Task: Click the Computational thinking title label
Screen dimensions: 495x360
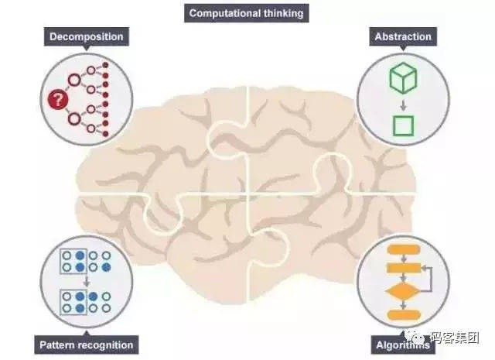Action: pyautogui.click(x=246, y=13)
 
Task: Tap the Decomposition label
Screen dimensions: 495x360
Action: pyautogui.click(x=86, y=36)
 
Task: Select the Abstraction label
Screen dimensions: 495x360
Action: pyautogui.click(x=403, y=36)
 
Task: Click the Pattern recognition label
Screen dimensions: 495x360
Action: pyautogui.click(x=86, y=345)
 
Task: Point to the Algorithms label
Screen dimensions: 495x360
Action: pyautogui.click(x=403, y=345)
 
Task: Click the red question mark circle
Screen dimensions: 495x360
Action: pyautogui.click(x=58, y=100)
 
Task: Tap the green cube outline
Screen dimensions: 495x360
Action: pyautogui.click(x=403, y=77)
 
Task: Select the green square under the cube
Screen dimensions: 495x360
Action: pyautogui.click(x=403, y=125)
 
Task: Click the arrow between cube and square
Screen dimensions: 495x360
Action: pyautogui.click(x=403, y=105)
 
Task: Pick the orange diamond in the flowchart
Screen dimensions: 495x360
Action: pyautogui.click(x=403, y=291)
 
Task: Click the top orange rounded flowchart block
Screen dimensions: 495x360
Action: pyautogui.click(x=404, y=249)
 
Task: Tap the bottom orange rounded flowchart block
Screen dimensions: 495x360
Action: pyautogui.click(x=404, y=315)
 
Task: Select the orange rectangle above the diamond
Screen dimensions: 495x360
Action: pyautogui.click(x=404, y=268)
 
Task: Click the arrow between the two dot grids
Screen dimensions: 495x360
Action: pyautogui.click(x=86, y=281)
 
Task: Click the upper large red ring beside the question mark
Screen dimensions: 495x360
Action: pyautogui.click(x=74, y=81)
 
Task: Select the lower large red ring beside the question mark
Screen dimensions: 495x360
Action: pyautogui.click(x=74, y=119)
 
